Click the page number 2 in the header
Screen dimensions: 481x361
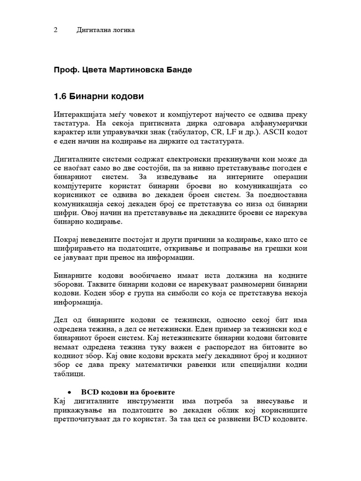(55, 30)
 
